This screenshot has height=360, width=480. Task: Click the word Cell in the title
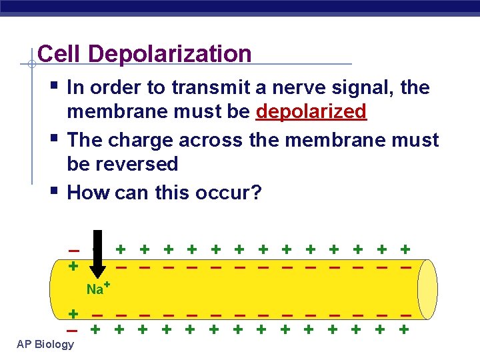[x=57, y=54]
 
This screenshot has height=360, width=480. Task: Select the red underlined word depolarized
[x=311, y=111]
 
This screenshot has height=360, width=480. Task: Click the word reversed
[x=136, y=164]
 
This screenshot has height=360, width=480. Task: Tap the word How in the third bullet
[x=89, y=193]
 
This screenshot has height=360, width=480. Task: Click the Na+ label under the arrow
[x=97, y=289]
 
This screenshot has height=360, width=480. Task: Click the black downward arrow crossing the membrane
[x=97, y=257]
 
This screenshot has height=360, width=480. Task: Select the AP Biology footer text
[x=46, y=344]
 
